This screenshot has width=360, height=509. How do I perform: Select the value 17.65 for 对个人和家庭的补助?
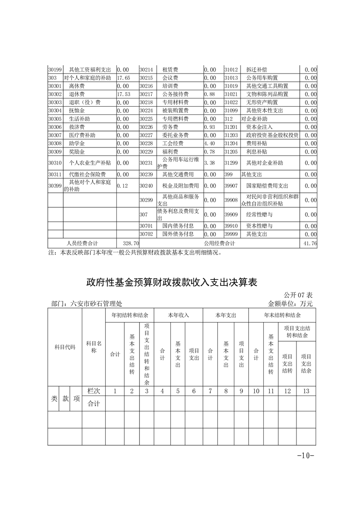pos(123,78)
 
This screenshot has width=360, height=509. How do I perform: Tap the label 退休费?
pos(77,94)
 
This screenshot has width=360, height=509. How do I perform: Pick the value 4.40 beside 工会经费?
pos(209,143)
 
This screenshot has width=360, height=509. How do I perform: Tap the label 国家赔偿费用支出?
pos(267,186)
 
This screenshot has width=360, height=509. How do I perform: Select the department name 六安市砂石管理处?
pos(96,303)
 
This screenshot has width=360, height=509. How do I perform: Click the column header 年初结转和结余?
pos(129,315)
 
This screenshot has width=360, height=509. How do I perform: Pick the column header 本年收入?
pos(178,315)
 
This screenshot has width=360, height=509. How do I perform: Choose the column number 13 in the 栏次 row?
pos(306,391)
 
